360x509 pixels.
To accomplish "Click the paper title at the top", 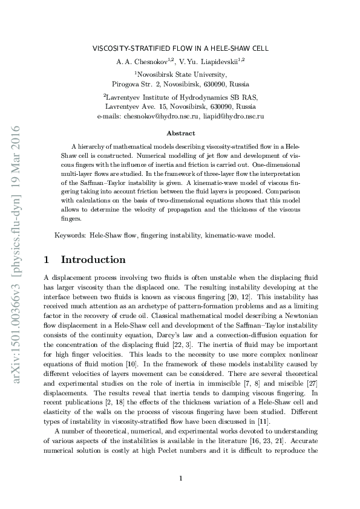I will pyautogui.click(x=180, y=48).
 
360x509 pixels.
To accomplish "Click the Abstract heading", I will pyautogui.click(x=180, y=133).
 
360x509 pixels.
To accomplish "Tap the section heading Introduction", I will pyautogui.click(x=93, y=259).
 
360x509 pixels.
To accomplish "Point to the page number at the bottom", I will pyautogui.click(x=181, y=479).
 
